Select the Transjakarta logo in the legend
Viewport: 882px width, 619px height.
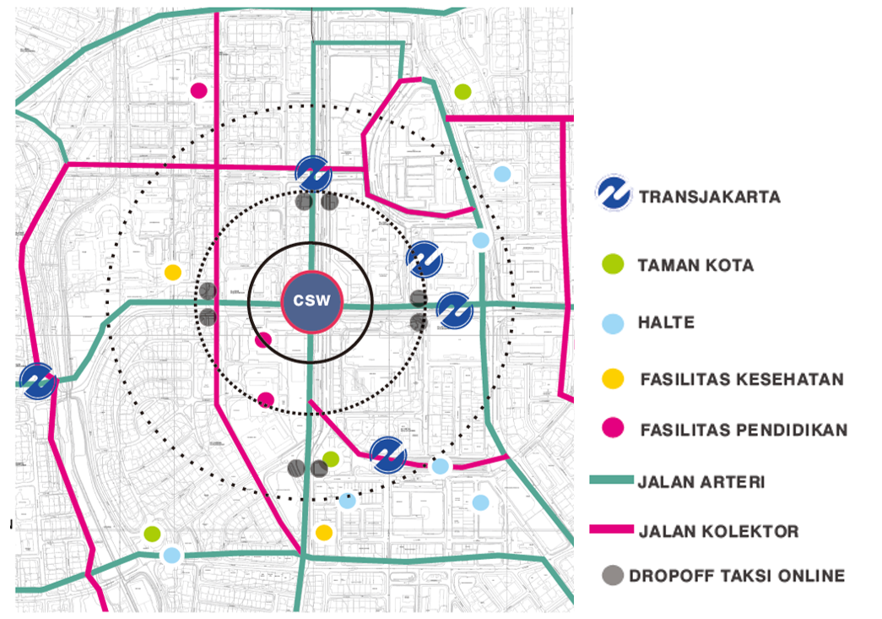coord(614,193)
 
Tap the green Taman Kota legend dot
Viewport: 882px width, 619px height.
coord(614,264)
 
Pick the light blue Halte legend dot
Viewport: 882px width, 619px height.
coord(614,323)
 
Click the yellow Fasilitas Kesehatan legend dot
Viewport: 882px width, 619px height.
coord(614,378)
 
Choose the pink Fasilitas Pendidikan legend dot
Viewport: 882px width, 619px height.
coord(614,429)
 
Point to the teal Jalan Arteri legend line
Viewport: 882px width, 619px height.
coord(610,481)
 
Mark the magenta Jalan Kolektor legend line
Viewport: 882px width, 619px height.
coord(610,529)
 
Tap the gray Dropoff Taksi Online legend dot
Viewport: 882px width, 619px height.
coord(614,576)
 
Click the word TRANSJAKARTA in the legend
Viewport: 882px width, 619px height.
coord(710,198)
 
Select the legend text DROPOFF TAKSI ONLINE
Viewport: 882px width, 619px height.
coord(736,577)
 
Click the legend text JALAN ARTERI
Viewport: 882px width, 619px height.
coord(701,482)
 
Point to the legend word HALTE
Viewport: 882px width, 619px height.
coord(666,323)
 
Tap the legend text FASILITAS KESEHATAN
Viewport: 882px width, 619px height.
coord(742,379)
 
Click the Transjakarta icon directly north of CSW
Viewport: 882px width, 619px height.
coord(314,175)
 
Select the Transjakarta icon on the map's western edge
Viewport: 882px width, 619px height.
coord(38,381)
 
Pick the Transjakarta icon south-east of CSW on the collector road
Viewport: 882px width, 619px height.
coord(388,454)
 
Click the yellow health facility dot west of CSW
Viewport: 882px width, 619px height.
coord(172,272)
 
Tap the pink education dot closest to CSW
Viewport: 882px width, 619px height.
coord(263,340)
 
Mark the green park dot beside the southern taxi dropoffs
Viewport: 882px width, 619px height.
coord(331,459)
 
